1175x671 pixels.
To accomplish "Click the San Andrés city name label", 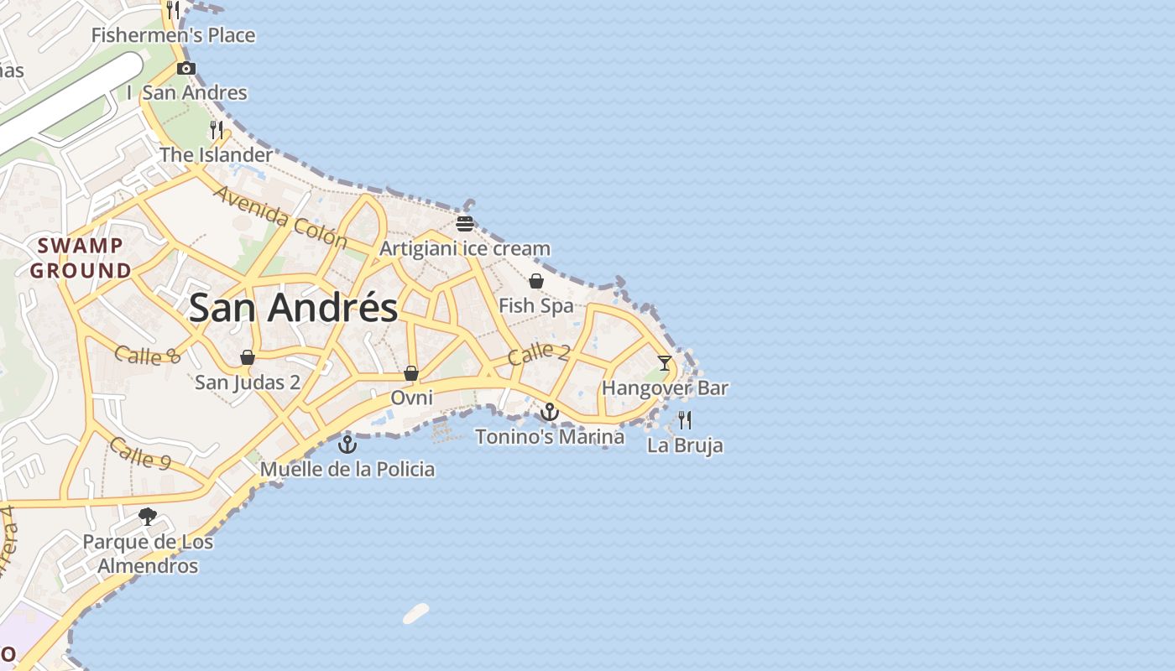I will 293,308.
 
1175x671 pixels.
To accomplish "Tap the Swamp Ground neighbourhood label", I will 81,258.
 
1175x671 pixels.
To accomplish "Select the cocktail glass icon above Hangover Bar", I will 665,363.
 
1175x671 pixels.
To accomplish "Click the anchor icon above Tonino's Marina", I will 550,412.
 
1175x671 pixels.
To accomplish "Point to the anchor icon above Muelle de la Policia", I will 347,444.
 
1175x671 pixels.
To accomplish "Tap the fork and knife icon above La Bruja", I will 685,419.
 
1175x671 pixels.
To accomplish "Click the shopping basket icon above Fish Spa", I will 536,281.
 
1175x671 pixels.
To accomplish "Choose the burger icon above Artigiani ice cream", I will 465,223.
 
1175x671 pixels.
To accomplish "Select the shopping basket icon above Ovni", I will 411,372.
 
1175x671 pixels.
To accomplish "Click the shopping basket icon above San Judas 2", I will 248,357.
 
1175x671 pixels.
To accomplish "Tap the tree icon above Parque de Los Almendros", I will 148,517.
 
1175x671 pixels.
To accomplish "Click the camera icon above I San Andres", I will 186,68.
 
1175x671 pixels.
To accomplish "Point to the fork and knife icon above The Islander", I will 217,130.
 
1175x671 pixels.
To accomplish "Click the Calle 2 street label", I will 539,353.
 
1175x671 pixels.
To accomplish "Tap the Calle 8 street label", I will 148,356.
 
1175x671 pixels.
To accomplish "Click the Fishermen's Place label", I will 173,35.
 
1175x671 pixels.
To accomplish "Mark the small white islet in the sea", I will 416,613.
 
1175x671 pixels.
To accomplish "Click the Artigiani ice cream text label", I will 465,248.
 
